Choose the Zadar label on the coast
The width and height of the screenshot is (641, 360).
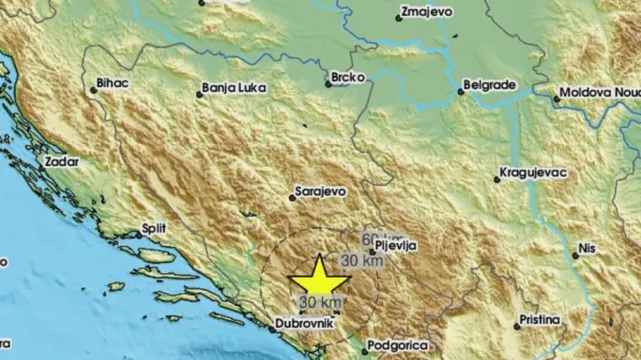tap(62, 160)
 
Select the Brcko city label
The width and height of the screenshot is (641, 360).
tap(350, 78)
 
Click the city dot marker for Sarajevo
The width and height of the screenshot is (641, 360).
tap(292, 197)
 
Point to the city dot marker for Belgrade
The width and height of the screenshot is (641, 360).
tap(461, 92)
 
